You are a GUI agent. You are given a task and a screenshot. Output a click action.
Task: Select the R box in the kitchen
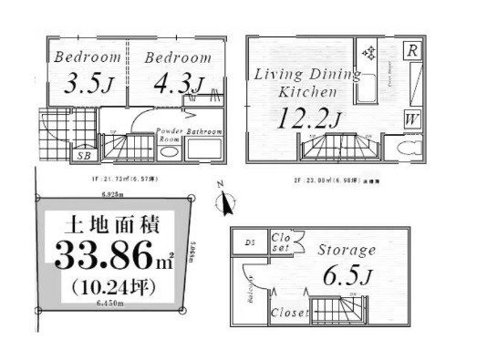pyautogui.click(x=412, y=51)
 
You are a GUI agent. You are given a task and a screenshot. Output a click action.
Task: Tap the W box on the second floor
pyautogui.click(x=412, y=118)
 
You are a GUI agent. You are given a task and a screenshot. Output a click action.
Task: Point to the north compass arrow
pyautogui.click(x=225, y=202)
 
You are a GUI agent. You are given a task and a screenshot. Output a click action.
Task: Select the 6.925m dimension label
pyautogui.click(x=111, y=194)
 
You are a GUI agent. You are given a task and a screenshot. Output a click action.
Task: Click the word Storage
pyautogui.click(x=347, y=250)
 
